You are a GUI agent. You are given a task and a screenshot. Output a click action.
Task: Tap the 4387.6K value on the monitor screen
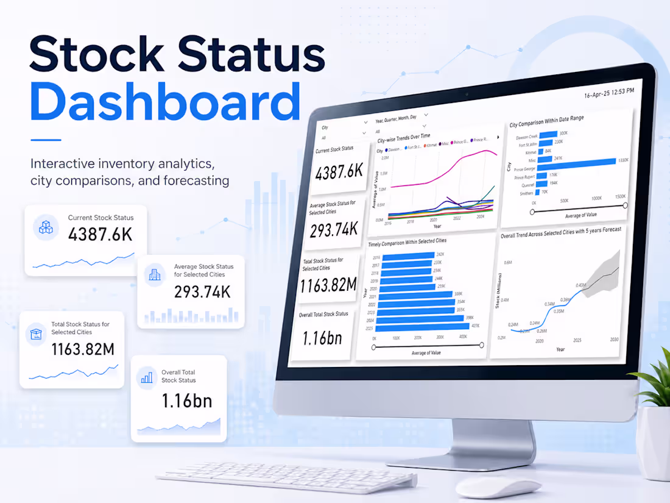click(339, 173)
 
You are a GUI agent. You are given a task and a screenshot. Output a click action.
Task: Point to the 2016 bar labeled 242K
click(404, 255)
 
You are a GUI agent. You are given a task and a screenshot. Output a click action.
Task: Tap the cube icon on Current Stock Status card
click(46, 227)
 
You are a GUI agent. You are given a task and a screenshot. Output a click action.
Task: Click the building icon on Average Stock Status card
click(155, 276)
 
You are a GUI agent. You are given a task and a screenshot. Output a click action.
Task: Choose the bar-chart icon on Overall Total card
click(147, 377)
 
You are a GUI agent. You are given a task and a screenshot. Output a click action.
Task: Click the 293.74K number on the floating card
click(202, 292)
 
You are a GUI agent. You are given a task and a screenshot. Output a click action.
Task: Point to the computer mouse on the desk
click(498, 487)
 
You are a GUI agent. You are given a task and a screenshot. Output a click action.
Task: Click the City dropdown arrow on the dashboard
click(365, 133)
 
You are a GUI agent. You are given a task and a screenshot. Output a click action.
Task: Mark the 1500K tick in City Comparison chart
click(621, 198)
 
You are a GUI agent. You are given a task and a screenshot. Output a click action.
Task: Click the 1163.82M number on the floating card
click(83, 349)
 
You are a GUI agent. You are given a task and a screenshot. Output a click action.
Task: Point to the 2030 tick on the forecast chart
click(615, 339)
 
